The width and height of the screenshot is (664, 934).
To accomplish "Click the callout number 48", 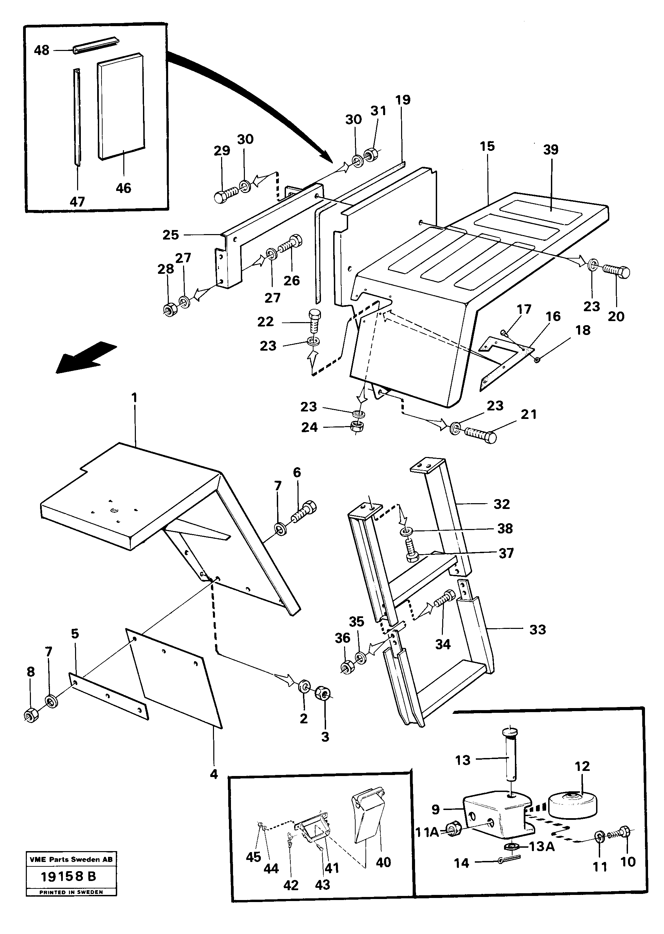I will click(x=42, y=50).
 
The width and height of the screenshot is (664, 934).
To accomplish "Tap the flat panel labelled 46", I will click(x=121, y=106).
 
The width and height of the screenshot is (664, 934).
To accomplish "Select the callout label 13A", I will click(x=542, y=846).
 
